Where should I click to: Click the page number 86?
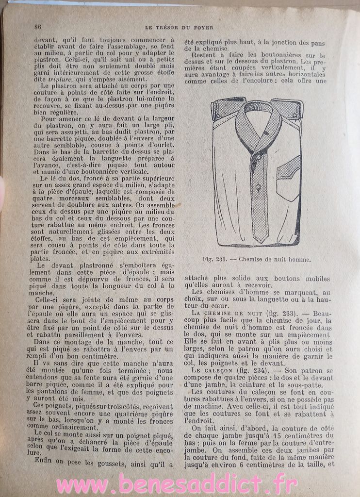(x=37, y=27)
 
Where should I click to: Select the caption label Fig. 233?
(x=216, y=259)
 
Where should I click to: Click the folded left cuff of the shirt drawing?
(x=223, y=107)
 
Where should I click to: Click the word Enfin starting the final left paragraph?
(x=45, y=460)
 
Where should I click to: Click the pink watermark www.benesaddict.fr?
(x=180, y=484)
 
